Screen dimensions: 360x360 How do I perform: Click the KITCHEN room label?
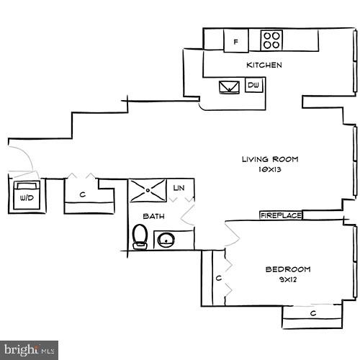pyautogui.click(x=264, y=66)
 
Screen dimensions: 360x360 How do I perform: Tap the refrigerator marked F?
pyautogui.click(x=235, y=42)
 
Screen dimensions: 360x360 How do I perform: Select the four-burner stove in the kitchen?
pyautogui.click(x=271, y=40)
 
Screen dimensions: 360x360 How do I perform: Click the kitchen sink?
pyautogui.click(x=231, y=87)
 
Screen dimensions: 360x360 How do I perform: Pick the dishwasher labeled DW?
pyautogui.click(x=253, y=86)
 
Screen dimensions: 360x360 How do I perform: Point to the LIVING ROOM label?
pyautogui.click(x=269, y=159)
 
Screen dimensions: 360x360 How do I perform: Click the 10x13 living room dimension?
pyautogui.click(x=269, y=171)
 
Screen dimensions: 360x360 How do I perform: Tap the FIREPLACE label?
pyautogui.click(x=281, y=215)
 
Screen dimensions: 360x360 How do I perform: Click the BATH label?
pyautogui.click(x=153, y=216)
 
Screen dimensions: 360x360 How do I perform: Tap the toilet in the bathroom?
pyautogui.click(x=140, y=235)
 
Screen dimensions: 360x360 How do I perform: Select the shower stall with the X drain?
pyautogui.click(x=148, y=191)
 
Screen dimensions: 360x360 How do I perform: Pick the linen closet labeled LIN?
pyautogui.click(x=179, y=188)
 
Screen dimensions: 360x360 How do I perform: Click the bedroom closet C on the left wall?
pyautogui.click(x=217, y=278)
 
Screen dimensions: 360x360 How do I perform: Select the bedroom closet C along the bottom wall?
pyautogui.click(x=312, y=313)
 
